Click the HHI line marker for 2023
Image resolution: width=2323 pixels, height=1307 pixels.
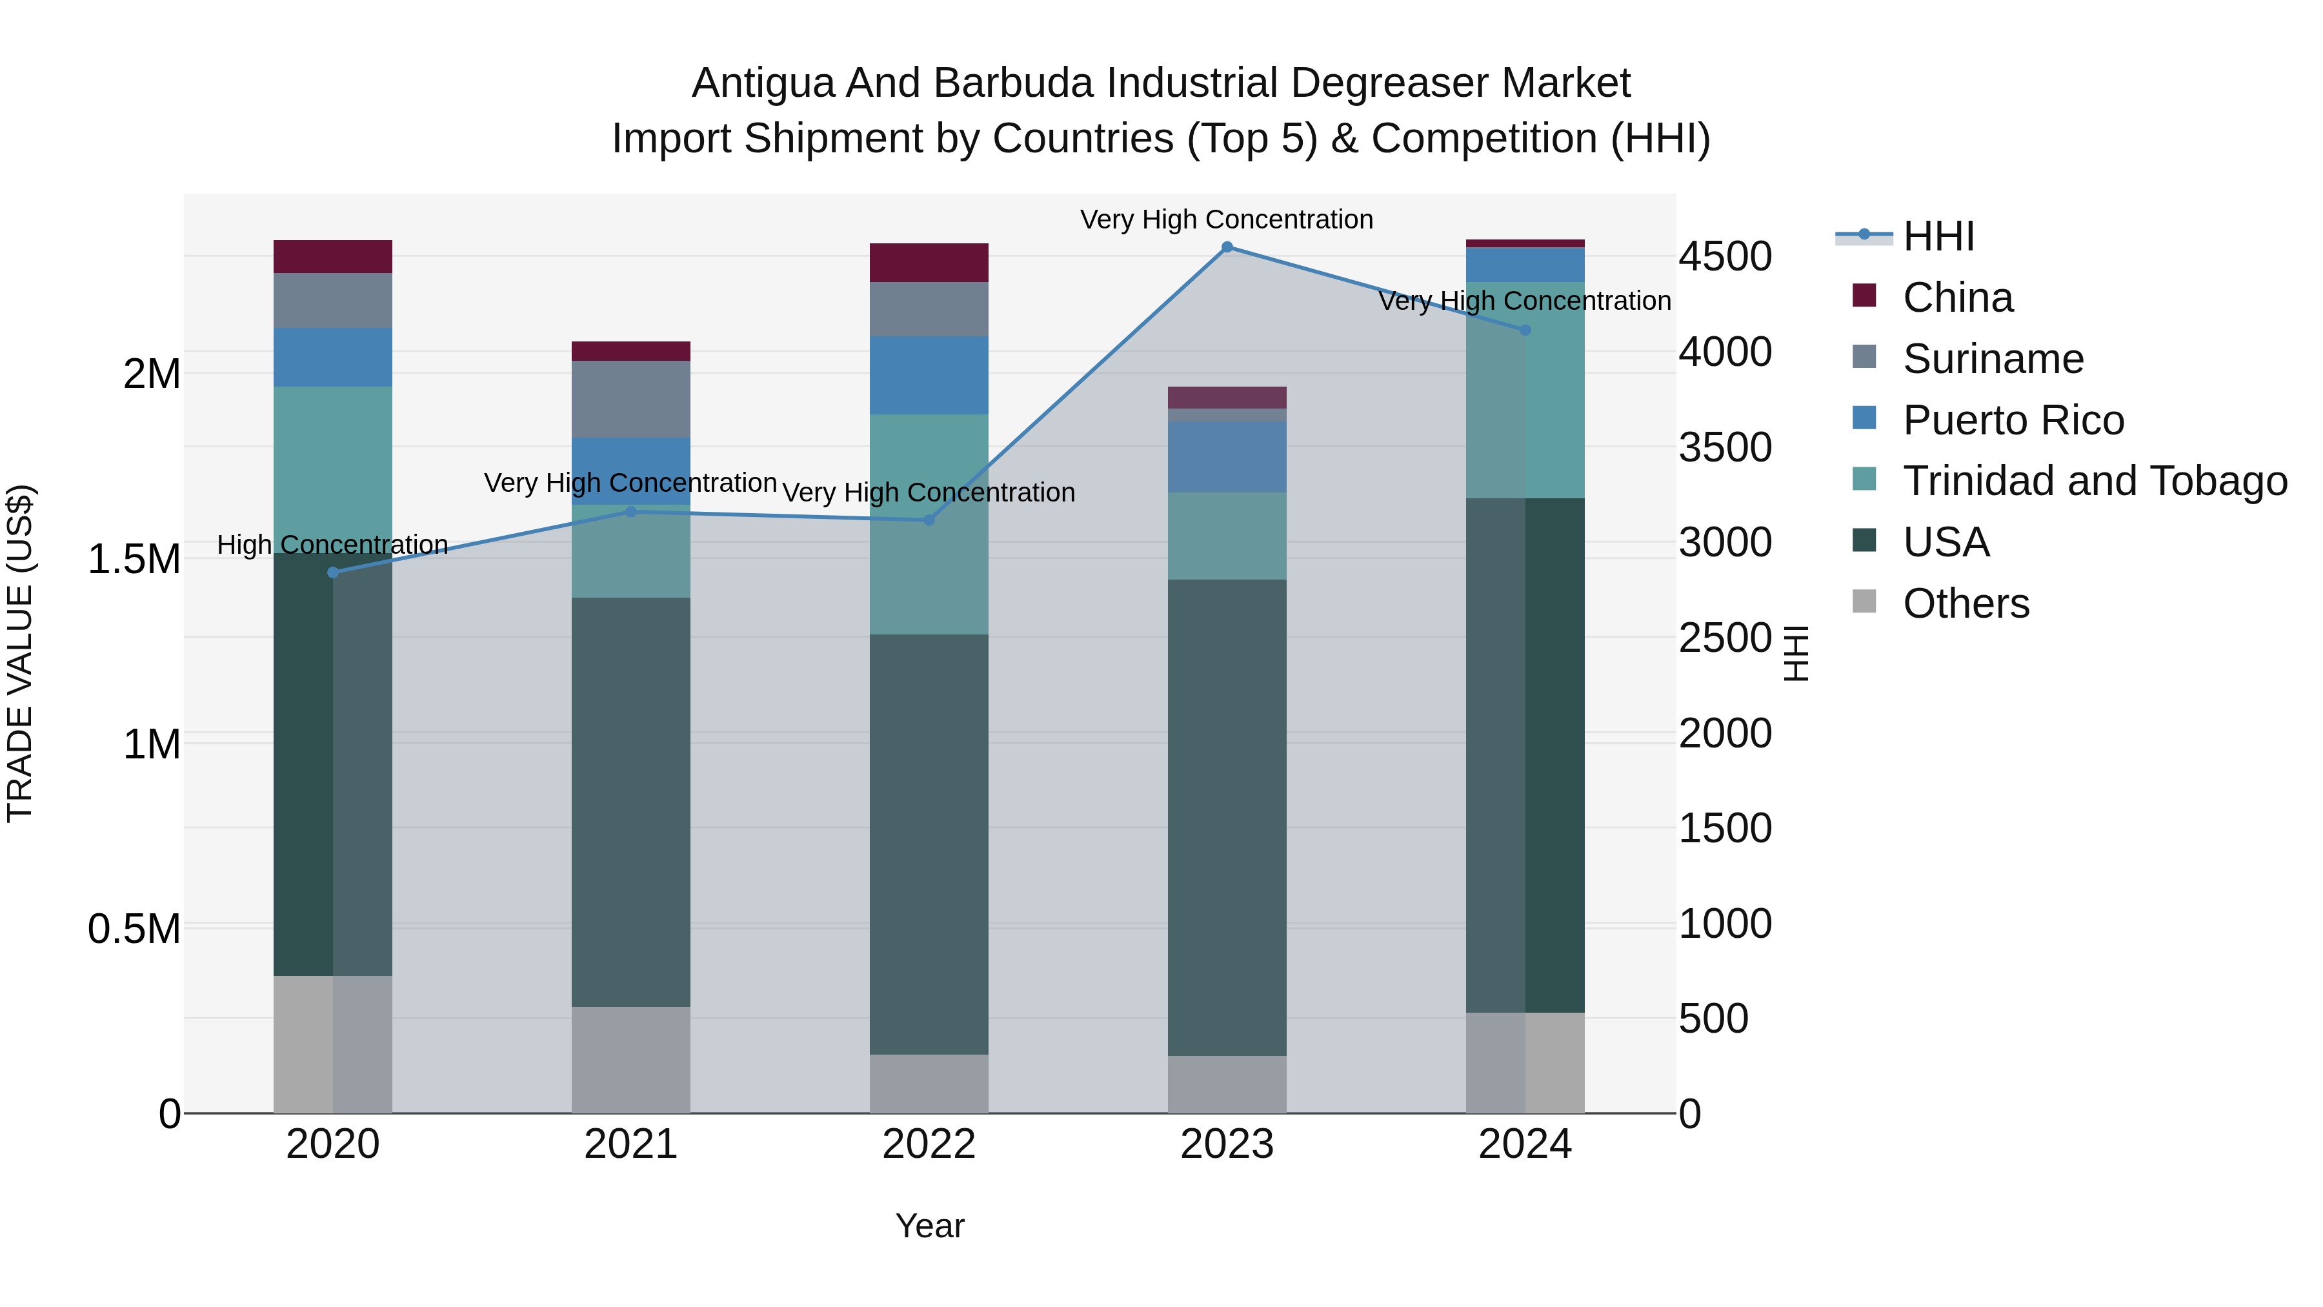click(x=1227, y=247)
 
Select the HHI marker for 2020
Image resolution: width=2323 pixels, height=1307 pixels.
click(x=333, y=572)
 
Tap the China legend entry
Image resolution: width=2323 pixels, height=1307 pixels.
click(x=1957, y=298)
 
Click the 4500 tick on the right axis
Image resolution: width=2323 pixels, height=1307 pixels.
click(x=1724, y=256)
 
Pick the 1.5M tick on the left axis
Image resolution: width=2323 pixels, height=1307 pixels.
click(x=134, y=559)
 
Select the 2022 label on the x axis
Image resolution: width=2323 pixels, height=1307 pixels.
click(x=929, y=1144)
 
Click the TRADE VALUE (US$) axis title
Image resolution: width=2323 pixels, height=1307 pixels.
click(x=20, y=653)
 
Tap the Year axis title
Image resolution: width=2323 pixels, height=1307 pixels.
click(x=930, y=1226)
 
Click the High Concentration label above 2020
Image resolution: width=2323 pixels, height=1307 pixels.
click(x=333, y=545)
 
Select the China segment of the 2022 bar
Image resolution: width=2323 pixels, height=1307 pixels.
click(x=929, y=263)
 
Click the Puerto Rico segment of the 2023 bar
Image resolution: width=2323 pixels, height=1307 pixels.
click(x=1227, y=456)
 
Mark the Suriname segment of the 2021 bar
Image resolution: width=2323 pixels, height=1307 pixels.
click(x=630, y=399)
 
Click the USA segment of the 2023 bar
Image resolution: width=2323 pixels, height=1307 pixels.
click(x=1227, y=816)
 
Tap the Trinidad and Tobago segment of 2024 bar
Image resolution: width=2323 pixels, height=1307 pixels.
click(x=1525, y=390)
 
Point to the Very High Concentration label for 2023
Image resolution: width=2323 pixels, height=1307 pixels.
click(x=1227, y=219)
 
